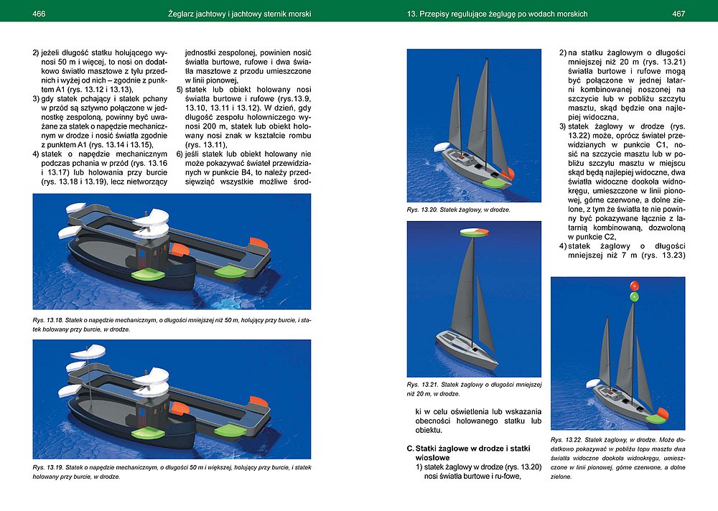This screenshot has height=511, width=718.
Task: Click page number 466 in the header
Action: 39,14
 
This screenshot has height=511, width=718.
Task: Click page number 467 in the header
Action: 679,14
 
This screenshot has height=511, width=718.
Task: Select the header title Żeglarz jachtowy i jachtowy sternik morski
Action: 238,14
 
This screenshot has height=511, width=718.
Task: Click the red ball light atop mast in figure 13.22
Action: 634,286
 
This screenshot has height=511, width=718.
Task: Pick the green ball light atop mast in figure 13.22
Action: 634,296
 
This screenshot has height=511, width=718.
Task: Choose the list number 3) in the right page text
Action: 563,126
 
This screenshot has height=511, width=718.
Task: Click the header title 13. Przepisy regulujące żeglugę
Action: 497,14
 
